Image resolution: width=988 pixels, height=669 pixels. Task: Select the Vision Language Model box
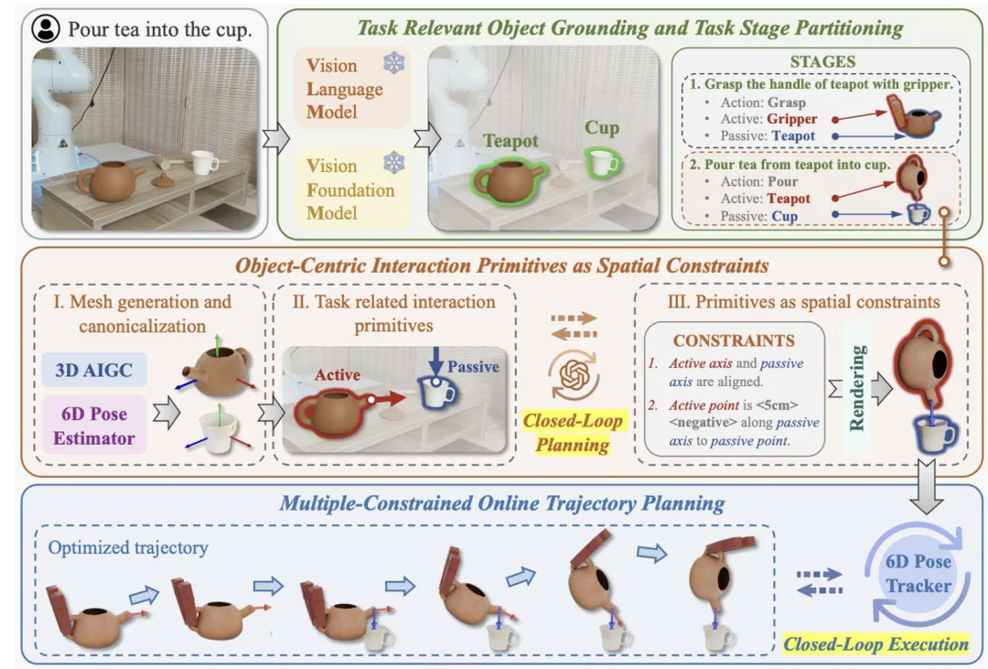click(350, 89)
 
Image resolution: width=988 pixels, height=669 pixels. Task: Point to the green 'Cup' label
click(602, 128)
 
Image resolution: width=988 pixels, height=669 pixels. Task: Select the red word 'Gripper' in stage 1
click(792, 119)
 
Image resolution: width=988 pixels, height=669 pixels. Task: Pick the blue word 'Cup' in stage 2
click(784, 216)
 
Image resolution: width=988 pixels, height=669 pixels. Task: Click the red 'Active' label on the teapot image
click(338, 374)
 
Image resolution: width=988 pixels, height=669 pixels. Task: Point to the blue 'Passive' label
click(474, 367)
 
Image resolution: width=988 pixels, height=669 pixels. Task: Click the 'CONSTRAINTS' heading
click(734, 340)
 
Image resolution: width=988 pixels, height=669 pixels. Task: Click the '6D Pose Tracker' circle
click(918, 573)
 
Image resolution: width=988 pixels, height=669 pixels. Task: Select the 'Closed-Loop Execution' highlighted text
click(875, 644)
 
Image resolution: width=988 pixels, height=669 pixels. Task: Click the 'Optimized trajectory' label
click(128, 547)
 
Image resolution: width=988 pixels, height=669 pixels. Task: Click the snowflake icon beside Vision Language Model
click(394, 63)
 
